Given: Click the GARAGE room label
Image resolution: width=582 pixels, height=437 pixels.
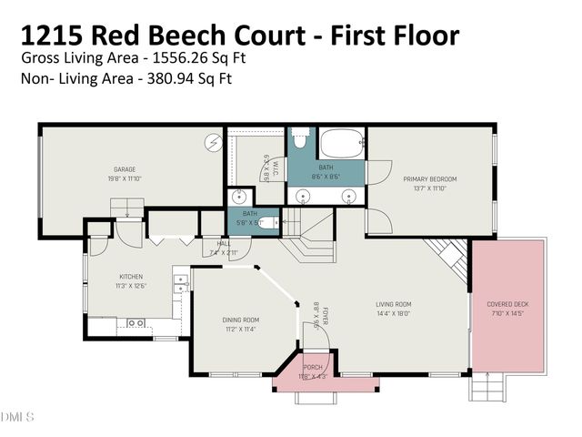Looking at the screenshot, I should [125, 169].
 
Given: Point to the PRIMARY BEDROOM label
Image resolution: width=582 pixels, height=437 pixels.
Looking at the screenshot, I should [429, 179].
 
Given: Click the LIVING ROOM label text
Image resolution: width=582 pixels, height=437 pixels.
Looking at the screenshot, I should [394, 304].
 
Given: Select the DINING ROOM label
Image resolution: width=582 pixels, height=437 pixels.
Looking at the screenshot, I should [241, 320].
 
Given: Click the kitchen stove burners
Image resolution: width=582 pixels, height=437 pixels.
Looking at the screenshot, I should [181, 283].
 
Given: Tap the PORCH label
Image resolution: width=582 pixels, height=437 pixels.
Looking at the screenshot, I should [313, 367].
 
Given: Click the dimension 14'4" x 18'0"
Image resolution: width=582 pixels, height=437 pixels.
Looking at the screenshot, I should [394, 312].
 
